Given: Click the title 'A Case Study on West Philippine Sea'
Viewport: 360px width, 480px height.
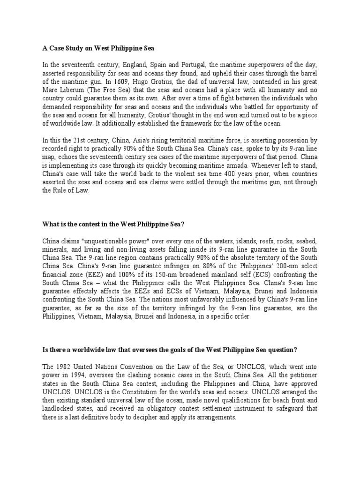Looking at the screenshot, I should click(x=98, y=48).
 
